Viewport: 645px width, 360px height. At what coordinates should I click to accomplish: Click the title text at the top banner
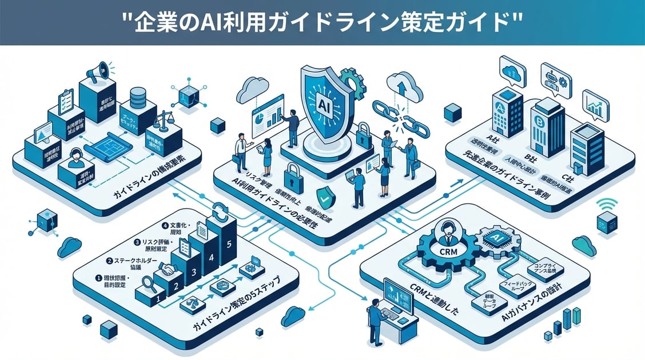322,22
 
